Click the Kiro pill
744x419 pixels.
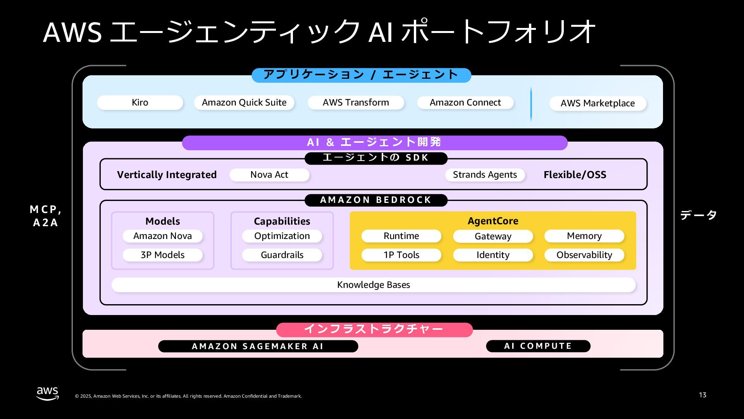(140, 102)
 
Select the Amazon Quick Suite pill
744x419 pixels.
(244, 102)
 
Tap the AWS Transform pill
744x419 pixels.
(356, 102)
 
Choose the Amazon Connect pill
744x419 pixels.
(465, 102)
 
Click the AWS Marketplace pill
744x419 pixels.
(598, 103)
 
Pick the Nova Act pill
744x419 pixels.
(269, 175)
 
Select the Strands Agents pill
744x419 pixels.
(485, 175)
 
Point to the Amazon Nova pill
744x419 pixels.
(162, 236)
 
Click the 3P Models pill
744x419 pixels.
(162, 255)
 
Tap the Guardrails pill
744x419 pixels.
(282, 255)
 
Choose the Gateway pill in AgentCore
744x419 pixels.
(493, 236)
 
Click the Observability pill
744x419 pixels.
(584, 255)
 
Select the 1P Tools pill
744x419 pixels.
(401, 255)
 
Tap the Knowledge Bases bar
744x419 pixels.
(374, 285)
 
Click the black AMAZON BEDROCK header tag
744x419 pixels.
(376, 200)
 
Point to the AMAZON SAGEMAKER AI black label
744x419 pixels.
(258, 346)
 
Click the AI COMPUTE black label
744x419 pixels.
(538, 346)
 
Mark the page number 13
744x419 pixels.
(703, 395)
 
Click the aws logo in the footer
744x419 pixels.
(48, 393)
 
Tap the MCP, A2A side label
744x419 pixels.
(46, 216)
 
